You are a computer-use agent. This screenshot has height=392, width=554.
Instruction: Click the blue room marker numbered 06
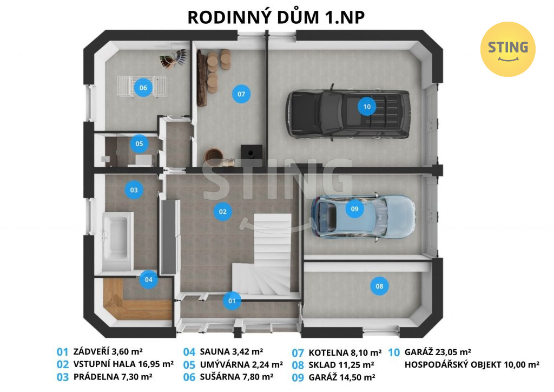point(143,88)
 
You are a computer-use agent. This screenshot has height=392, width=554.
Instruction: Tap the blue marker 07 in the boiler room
point(241,94)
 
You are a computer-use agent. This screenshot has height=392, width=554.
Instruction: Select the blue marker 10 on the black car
point(367,107)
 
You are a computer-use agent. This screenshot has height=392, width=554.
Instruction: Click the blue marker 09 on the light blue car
point(355,209)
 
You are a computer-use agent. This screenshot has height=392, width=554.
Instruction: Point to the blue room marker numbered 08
point(379,286)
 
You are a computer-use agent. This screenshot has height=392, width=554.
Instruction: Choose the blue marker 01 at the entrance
point(232,301)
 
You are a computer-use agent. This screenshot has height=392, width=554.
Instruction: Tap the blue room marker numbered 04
point(149,279)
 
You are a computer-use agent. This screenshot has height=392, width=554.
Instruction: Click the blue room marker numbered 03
point(134,190)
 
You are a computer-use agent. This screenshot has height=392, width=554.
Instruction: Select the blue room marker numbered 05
point(139,144)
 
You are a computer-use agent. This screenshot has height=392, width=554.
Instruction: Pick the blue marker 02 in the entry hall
point(222,212)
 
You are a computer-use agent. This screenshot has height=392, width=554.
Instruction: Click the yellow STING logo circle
point(507,49)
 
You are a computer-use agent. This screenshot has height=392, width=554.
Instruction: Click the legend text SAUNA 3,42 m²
point(232,352)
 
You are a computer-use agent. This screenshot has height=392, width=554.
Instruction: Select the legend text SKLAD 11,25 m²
point(341,365)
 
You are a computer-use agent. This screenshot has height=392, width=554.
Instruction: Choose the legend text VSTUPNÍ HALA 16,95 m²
point(123,364)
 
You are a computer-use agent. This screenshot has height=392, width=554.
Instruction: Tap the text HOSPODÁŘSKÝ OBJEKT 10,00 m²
point(472,364)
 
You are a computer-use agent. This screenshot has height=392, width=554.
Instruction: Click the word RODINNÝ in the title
point(222,17)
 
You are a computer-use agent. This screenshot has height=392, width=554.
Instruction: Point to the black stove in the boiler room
point(252,152)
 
